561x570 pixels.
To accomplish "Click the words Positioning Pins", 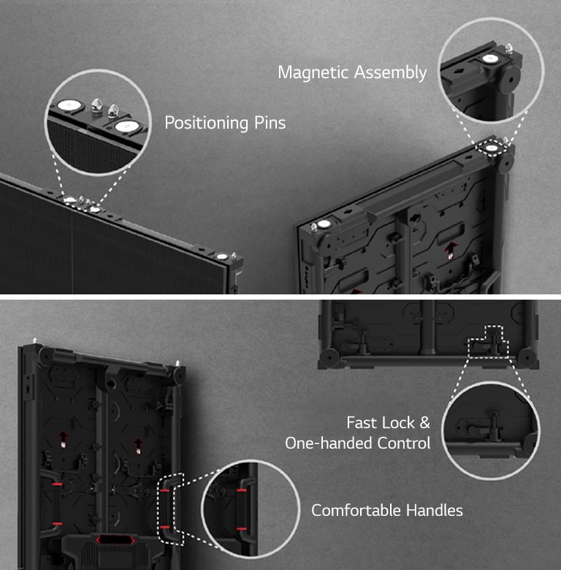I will tap(225, 122).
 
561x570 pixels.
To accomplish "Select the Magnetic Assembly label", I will tap(352, 72).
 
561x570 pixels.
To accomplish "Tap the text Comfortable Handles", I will tap(387, 510).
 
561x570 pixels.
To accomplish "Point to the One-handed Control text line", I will tap(357, 443).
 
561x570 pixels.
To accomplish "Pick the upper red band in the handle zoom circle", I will tap(241, 492).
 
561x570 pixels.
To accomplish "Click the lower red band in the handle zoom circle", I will tap(241, 528).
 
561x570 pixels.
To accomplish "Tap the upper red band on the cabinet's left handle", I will tap(56, 484).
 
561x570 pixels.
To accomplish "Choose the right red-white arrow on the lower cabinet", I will tap(138, 442).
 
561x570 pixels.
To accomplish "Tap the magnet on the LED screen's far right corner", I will tap(221, 256).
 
